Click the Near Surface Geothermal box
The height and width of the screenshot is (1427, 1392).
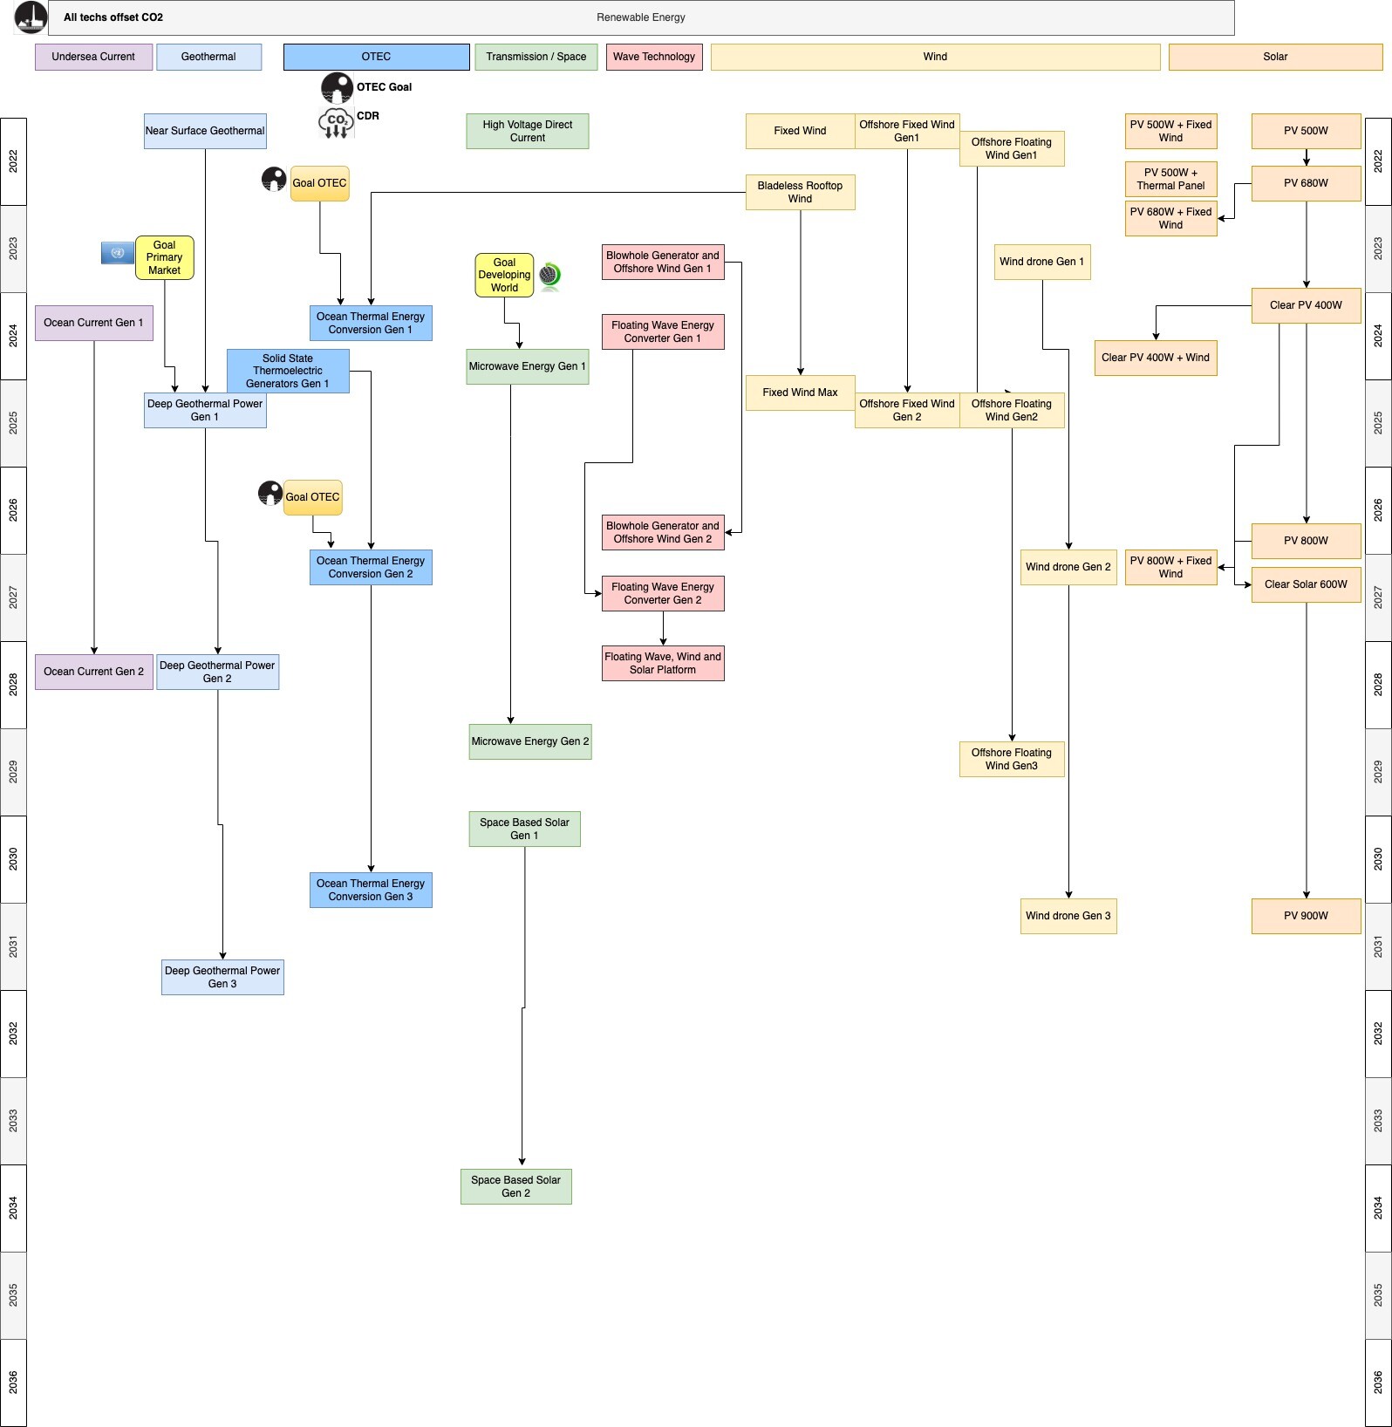205,131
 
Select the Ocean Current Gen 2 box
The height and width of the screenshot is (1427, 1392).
94,672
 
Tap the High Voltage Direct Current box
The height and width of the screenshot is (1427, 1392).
528,131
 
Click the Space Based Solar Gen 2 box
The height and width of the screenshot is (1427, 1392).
516,1186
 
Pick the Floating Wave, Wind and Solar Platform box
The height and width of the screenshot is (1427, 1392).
663,663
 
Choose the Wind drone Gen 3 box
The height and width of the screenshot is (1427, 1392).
1068,916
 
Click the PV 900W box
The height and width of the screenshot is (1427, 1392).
1306,916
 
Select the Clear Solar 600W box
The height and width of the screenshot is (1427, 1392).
1306,584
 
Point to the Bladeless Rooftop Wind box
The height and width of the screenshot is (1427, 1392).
800,192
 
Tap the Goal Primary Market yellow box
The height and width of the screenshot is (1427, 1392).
164,257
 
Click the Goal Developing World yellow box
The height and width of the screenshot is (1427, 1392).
504,275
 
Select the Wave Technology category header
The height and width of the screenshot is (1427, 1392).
654,57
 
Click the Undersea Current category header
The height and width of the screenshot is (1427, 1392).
93,57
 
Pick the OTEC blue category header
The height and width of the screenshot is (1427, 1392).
376,57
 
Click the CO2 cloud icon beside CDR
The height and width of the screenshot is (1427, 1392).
336,123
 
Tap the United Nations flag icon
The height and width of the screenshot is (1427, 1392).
118,253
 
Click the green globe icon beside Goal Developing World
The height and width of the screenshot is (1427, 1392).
549,276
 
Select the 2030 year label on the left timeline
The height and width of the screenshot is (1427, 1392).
13,859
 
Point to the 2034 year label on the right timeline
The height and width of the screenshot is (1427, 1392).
1378,1208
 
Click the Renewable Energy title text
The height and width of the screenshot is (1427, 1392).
641,17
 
